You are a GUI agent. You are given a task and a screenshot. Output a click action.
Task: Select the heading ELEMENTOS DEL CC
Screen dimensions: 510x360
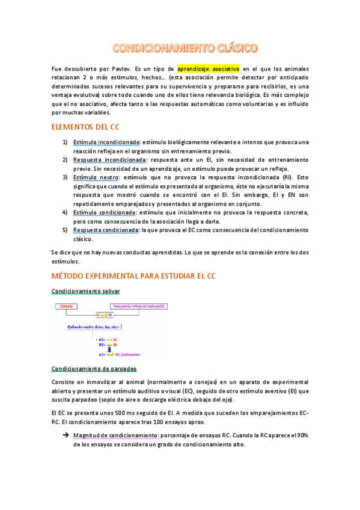[x=86, y=127]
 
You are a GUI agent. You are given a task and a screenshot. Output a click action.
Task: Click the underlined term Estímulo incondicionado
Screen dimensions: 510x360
[x=106, y=142]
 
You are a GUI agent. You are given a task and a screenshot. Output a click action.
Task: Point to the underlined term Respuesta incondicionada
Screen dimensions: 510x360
[x=109, y=160]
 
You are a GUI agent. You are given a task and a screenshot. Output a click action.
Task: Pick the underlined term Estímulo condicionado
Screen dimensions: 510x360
[x=104, y=212]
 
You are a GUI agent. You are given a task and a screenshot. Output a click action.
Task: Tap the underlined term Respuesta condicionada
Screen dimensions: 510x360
[x=105, y=230]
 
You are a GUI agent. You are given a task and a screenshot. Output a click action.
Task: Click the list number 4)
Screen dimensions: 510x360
[x=65, y=212]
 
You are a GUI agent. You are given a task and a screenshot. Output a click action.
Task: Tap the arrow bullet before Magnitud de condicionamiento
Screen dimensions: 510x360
[x=63, y=435]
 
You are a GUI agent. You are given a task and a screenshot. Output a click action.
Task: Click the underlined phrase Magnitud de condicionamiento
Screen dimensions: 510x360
[x=109, y=435]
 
